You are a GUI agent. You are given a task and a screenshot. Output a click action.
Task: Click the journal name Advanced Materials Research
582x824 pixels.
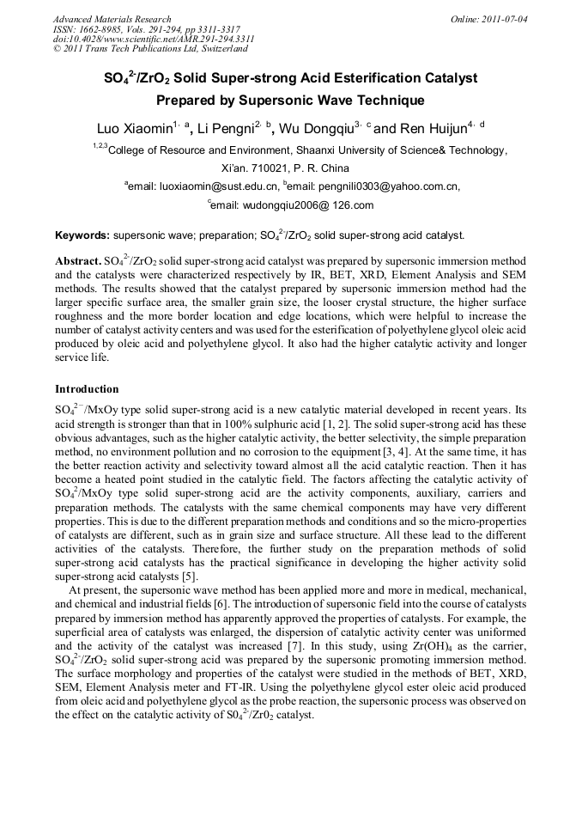coord(112,18)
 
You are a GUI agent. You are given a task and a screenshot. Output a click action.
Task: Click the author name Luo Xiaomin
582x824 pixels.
coord(133,129)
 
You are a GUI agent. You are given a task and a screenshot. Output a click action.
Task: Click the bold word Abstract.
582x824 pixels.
coord(78,259)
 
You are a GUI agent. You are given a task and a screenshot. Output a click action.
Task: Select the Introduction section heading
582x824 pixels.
coord(88,388)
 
